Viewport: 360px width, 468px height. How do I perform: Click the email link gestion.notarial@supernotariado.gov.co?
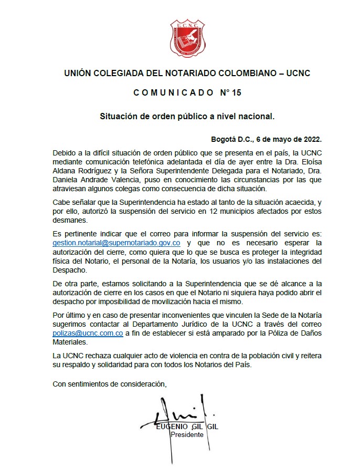[117, 243]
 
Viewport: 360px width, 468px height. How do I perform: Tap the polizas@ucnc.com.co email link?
[88, 333]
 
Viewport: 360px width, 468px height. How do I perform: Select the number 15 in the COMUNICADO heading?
[236, 93]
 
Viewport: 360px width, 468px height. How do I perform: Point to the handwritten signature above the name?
[173, 412]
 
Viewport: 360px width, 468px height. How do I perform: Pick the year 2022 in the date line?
[310, 139]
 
